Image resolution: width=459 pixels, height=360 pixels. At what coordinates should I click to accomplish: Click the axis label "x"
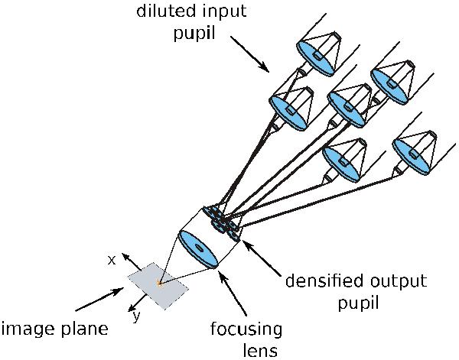pyautogui.click(x=112, y=260)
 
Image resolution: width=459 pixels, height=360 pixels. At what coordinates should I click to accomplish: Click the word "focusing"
pyautogui.click(x=247, y=329)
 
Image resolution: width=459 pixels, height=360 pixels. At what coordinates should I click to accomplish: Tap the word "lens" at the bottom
pyautogui.click(x=247, y=350)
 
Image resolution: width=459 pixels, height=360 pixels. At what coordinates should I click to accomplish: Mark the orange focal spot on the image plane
pyautogui.click(x=159, y=284)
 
